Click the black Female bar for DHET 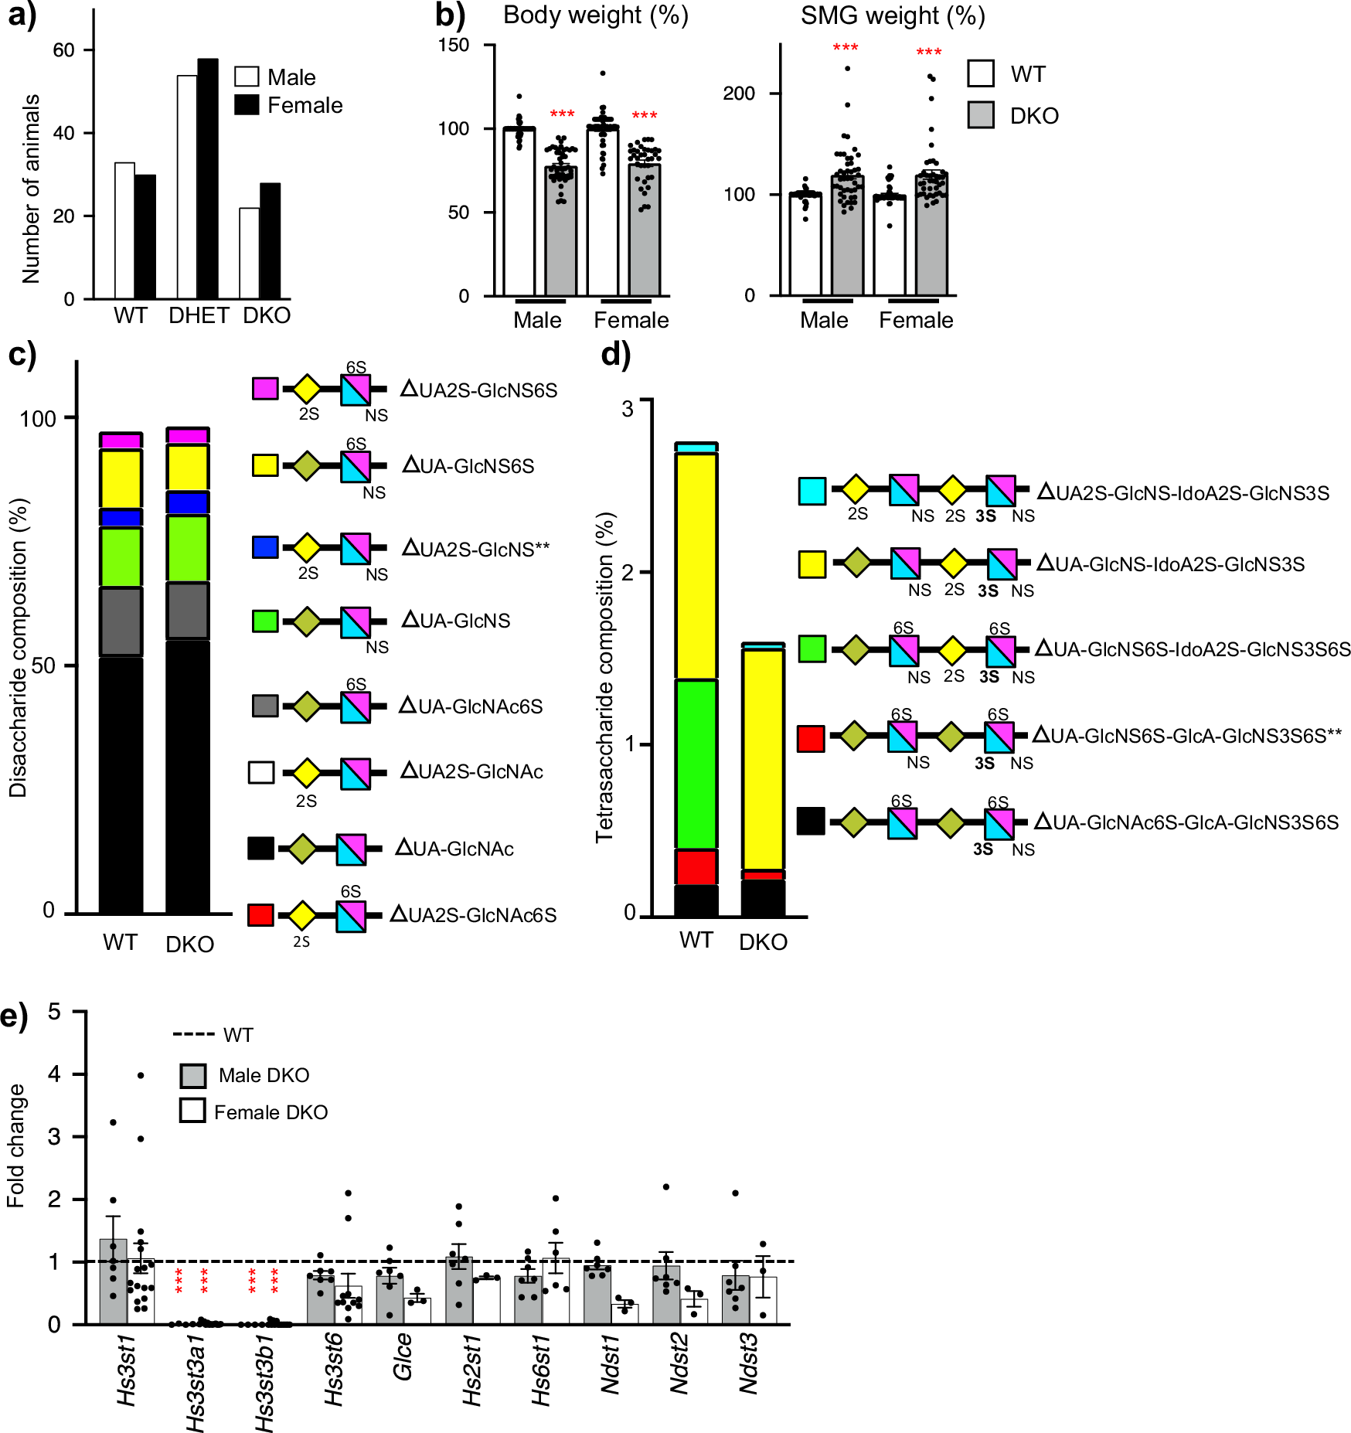(x=207, y=179)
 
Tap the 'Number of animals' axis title (x=31, y=189)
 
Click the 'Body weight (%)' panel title (x=595, y=15)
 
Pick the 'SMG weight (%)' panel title (x=892, y=15)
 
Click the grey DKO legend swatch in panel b (x=981, y=115)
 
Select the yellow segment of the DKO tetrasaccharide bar (x=763, y=757)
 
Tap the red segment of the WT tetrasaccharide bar (x=696, y=866)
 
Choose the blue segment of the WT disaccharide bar (x=121, y=517)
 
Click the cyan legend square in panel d (x=812, y=491)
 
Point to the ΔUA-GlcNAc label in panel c (x=454, y=849)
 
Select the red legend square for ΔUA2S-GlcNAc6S (x=260, y=914)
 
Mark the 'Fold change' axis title (x=15, y=1145)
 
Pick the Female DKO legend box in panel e (x=192, y=1111)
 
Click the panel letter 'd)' (x=616, y=354)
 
